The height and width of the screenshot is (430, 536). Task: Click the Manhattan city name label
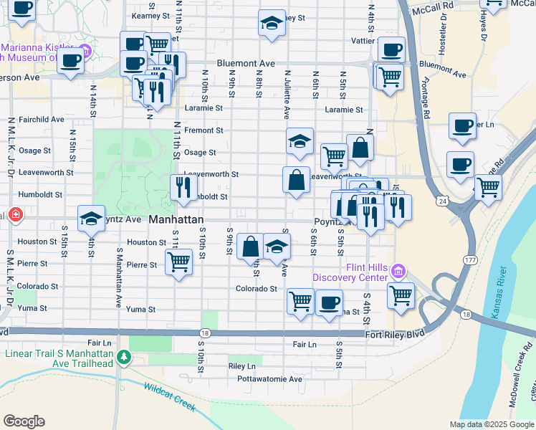pos(176,219)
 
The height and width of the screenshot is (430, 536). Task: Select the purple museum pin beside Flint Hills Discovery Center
pos(398,272)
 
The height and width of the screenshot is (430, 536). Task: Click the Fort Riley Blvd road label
pos(394,333)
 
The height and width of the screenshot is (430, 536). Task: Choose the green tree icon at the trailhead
pos(124,356)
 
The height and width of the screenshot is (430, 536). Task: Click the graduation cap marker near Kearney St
pos(272,24)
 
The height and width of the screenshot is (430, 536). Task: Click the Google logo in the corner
pos(24,421)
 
